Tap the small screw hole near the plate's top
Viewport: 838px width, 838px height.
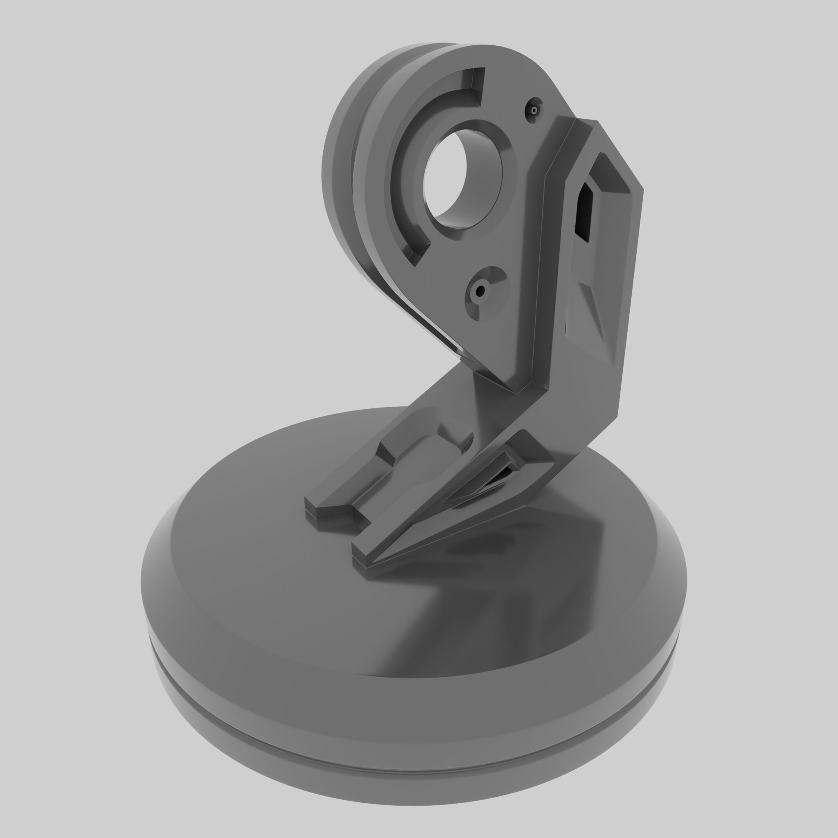tap(534, 110)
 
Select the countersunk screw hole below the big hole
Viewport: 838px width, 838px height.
tap(480, 291)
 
